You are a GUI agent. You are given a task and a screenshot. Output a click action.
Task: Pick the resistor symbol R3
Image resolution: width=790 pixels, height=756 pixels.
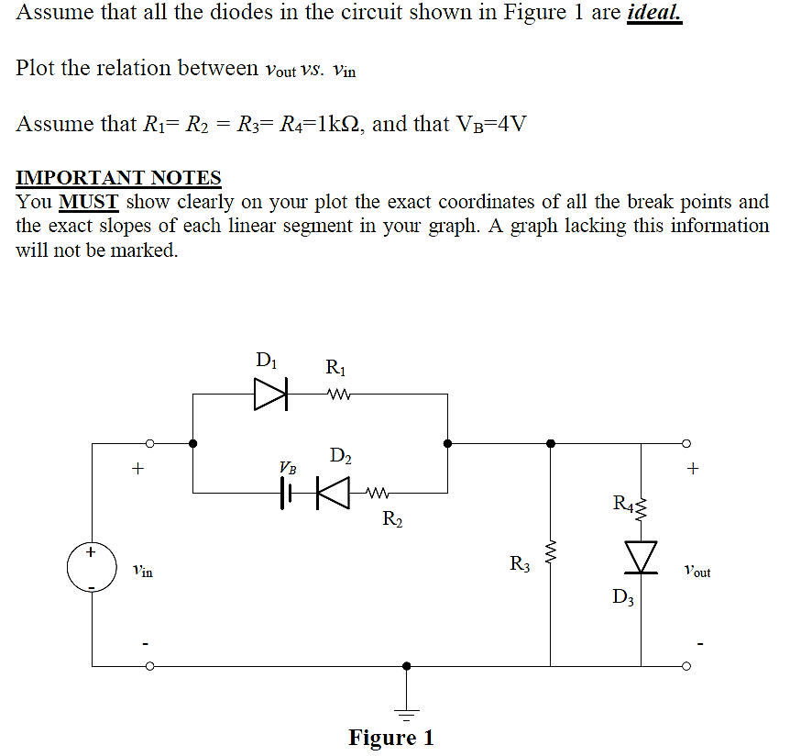point(550,554)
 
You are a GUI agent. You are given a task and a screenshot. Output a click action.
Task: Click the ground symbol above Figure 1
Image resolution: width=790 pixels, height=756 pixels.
point(406,708)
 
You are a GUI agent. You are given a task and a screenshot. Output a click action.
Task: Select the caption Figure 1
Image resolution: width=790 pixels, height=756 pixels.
point(390,738)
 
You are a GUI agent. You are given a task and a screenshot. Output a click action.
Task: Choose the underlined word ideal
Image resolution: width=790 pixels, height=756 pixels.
point(653,15)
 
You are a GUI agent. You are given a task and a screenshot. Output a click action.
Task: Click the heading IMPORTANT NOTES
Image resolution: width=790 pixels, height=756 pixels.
point(118,177)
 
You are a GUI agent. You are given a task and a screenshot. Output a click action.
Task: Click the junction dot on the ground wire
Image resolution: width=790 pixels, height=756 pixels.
point(406,666)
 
